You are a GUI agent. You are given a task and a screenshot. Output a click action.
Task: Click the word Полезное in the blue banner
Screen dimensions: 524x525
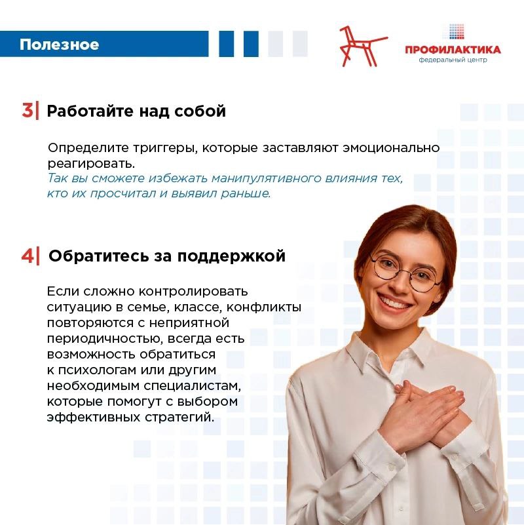(59, 45)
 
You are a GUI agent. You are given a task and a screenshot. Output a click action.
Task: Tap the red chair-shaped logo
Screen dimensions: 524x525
(363, 46)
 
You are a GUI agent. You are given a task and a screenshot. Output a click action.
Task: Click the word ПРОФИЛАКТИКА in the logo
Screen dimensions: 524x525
(453, 50)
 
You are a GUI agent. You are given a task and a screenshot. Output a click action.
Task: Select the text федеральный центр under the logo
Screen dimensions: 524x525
(453, 60)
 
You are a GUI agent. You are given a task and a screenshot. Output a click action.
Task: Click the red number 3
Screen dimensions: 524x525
(28, 110)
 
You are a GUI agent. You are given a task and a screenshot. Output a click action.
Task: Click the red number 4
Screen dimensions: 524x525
(28, 256)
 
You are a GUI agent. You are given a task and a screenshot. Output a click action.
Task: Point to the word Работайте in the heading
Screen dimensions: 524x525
(90, 111)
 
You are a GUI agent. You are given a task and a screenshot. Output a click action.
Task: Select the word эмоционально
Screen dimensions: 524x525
(391, 147)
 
